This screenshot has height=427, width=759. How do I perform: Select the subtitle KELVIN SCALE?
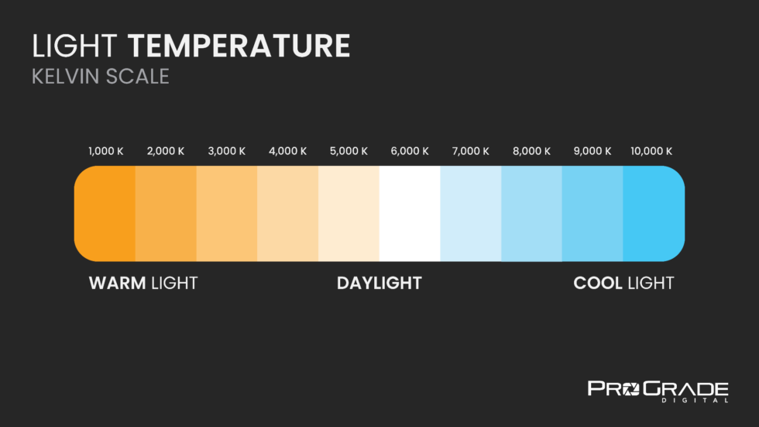point(100,77)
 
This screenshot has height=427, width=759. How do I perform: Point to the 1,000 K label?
point(106,151)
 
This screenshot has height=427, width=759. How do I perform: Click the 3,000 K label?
point(227,151)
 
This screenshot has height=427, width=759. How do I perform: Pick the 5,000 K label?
point(349,151)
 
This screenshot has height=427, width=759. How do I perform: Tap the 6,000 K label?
point(410,151)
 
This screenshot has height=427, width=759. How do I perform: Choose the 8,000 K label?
point(531,151)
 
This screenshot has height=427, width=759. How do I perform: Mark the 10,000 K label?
point(651,151)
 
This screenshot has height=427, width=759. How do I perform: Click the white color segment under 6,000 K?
point(410,213)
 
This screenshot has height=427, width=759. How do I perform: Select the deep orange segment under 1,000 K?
point(106,213)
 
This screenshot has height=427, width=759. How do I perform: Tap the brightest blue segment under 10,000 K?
point(653,213)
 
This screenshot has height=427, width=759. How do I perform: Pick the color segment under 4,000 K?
point(287,213)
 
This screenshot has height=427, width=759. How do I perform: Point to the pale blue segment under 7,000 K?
point(470,213)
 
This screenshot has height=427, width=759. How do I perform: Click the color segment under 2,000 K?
point(166,213)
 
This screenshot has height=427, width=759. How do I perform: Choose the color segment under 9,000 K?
point(592,213)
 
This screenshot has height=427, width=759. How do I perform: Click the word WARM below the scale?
point(118,283)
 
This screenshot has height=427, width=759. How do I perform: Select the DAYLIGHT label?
point(379,283)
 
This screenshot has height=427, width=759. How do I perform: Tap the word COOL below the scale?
point(598,283)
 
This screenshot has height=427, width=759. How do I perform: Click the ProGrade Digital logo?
point(658,391)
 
